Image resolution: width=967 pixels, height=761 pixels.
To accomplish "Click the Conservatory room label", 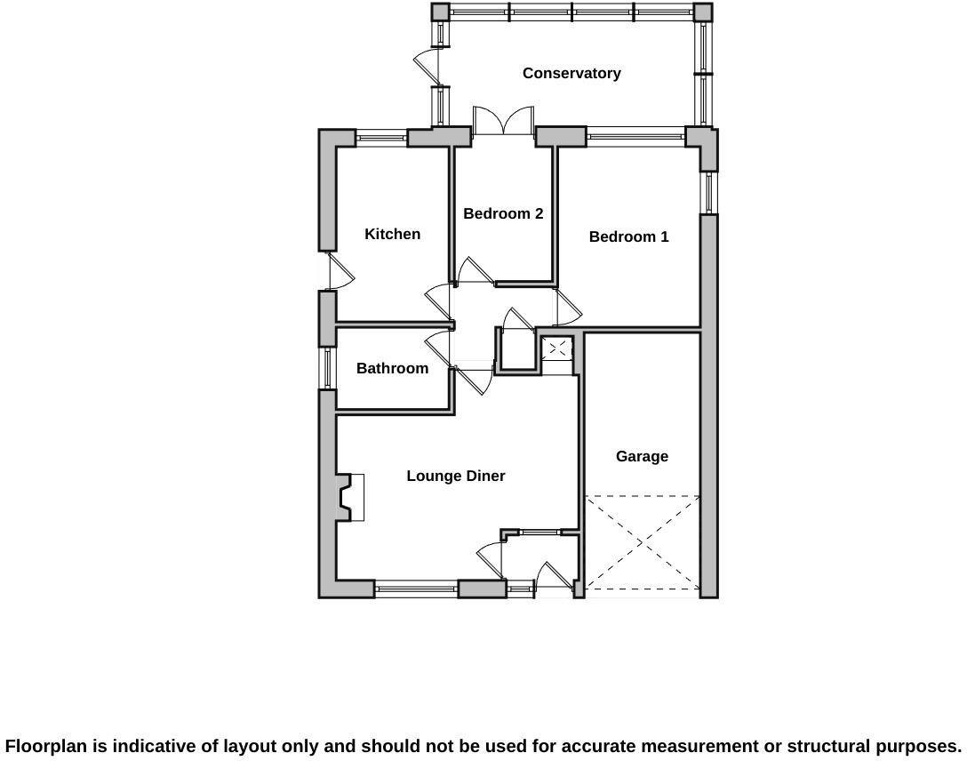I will pyautogui.click(x=571, y=73).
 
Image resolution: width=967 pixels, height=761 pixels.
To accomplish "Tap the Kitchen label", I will pyautogui.click(x=392, y=234).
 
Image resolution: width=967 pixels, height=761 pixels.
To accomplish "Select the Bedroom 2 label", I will pyautogui.click(x=503, y=213).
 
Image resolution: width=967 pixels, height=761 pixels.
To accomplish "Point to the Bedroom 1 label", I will pyautogui.click(x=628, y=236).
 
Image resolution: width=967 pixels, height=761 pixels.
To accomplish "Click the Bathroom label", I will pyautogui.click(x=392, y=368).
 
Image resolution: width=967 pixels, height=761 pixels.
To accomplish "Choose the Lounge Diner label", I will pyautogui.click(x=456, y=476).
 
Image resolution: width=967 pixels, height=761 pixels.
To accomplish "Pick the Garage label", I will pyautogui.click(x=642, y=456).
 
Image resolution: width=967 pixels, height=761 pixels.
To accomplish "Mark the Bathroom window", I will pyautogui.click(x=327, y=368).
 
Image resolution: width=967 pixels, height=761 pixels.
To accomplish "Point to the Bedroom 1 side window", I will pyautogui.click(x=709, y=192).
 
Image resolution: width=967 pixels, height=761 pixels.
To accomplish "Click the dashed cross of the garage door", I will pyautogui.click(x=642, y=542).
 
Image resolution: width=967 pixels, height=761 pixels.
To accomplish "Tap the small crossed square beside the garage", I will pyautogui.click(x=557, y=348).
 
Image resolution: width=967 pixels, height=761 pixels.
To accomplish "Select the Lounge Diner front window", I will pyautogui.click(x=416, y=588).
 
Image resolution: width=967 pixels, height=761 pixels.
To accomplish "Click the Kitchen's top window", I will pyautogui.click(x=381, y=138).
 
